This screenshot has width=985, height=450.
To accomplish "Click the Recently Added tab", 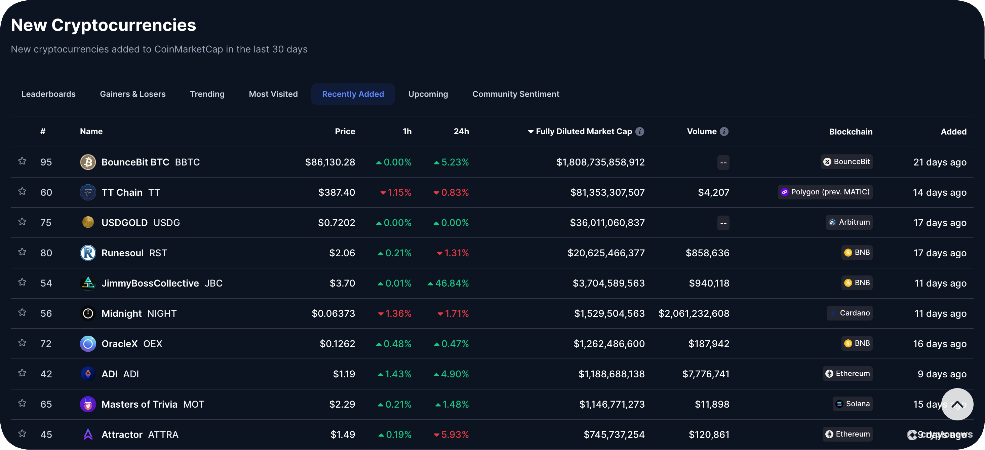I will pyautogui.click(x=353, y=94).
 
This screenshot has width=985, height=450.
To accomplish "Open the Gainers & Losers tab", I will pyautogui.click(x=133, y=94).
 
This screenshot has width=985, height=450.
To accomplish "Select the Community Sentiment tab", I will pyautogui.click(x=515, y=94).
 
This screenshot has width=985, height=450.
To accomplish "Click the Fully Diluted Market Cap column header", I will pyautogui.click(x=584, y=132).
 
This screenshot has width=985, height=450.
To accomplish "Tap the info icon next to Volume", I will pyautogui.click(x=724, y=132).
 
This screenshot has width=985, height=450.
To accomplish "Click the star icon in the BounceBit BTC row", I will pyautogui.click(x=22, y=161).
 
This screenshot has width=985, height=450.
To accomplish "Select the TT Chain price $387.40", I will pyautogui.click(x=337, y=192).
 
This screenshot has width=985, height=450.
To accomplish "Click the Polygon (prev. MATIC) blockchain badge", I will pyautogui.click(x=825, y=192).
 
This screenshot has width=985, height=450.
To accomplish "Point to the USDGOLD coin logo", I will pyautogui.click(x=88, y=222).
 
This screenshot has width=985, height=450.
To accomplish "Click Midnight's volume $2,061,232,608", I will pyautogui.click(x=694, y=313).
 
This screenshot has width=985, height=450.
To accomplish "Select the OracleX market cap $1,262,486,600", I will pyautogui.click(x=609, y=344).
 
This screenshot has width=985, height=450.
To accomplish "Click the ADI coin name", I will pyautogui.click(x=109, y=374).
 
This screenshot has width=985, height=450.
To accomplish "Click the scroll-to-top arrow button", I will pyautogui.click(x=957, y=404).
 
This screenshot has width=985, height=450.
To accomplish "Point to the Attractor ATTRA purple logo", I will pyautogui.click(x=88, y=434).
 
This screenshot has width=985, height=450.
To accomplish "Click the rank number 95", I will pyautogui.click(x=46, y=162).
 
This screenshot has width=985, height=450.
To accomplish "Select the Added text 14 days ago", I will pyautogui.click(x=940, y=192).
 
